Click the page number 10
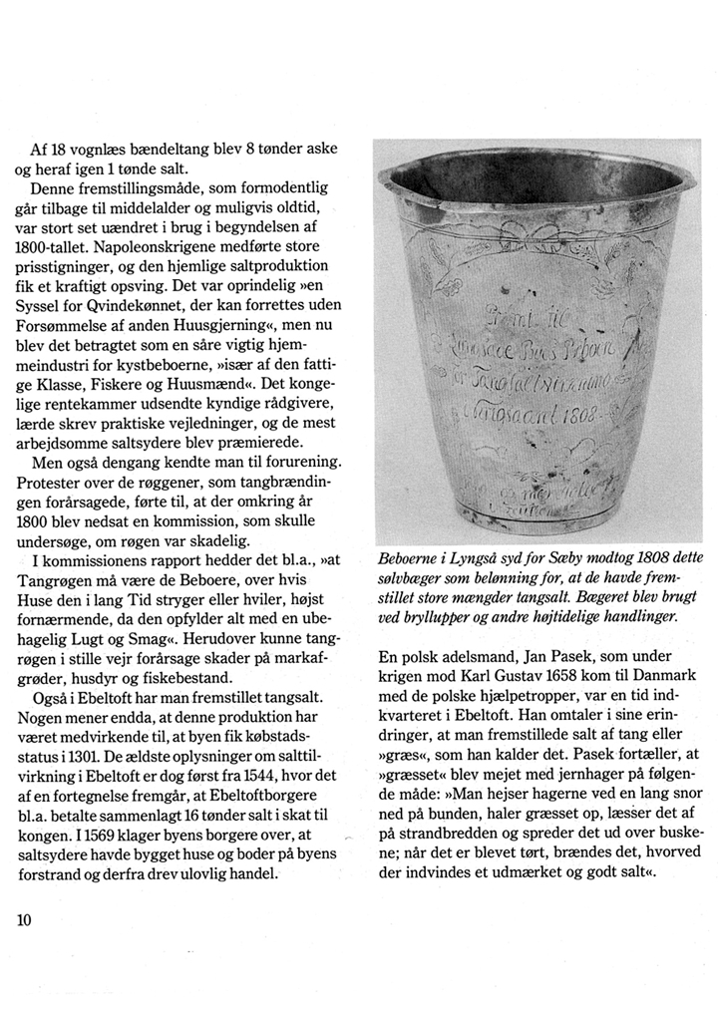[25, 919]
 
